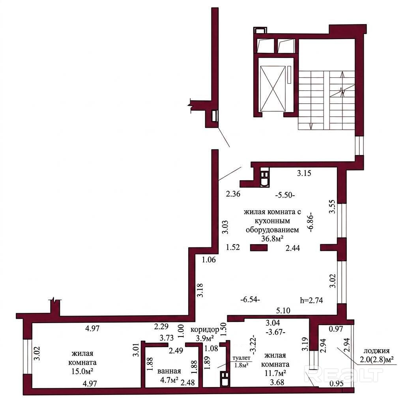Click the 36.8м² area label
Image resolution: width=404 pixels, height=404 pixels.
272,239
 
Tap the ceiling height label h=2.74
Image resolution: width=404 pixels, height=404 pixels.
312,300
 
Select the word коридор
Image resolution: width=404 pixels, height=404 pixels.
205,329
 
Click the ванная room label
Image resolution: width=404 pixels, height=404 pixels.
169,371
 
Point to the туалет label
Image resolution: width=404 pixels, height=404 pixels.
241,358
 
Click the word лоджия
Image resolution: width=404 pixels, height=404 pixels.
376,351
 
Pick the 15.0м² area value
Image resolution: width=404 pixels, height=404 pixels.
82,371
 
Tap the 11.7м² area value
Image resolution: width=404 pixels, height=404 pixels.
275,373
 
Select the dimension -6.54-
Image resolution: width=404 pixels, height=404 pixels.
250,300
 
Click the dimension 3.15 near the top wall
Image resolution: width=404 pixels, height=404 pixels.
304,173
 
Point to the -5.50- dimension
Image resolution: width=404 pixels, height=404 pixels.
285,195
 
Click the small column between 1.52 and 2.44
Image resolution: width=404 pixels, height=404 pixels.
259,248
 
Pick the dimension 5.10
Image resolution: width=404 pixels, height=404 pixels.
283,310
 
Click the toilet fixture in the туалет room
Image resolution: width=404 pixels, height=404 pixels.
225,379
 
